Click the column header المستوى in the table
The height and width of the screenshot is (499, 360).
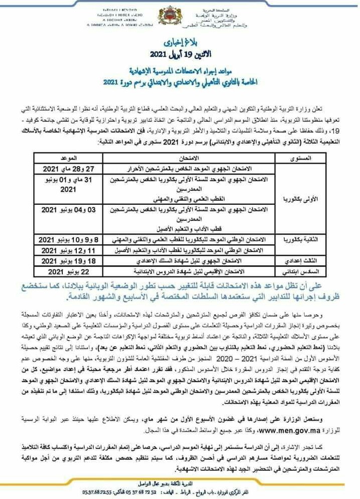[301, 158]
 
